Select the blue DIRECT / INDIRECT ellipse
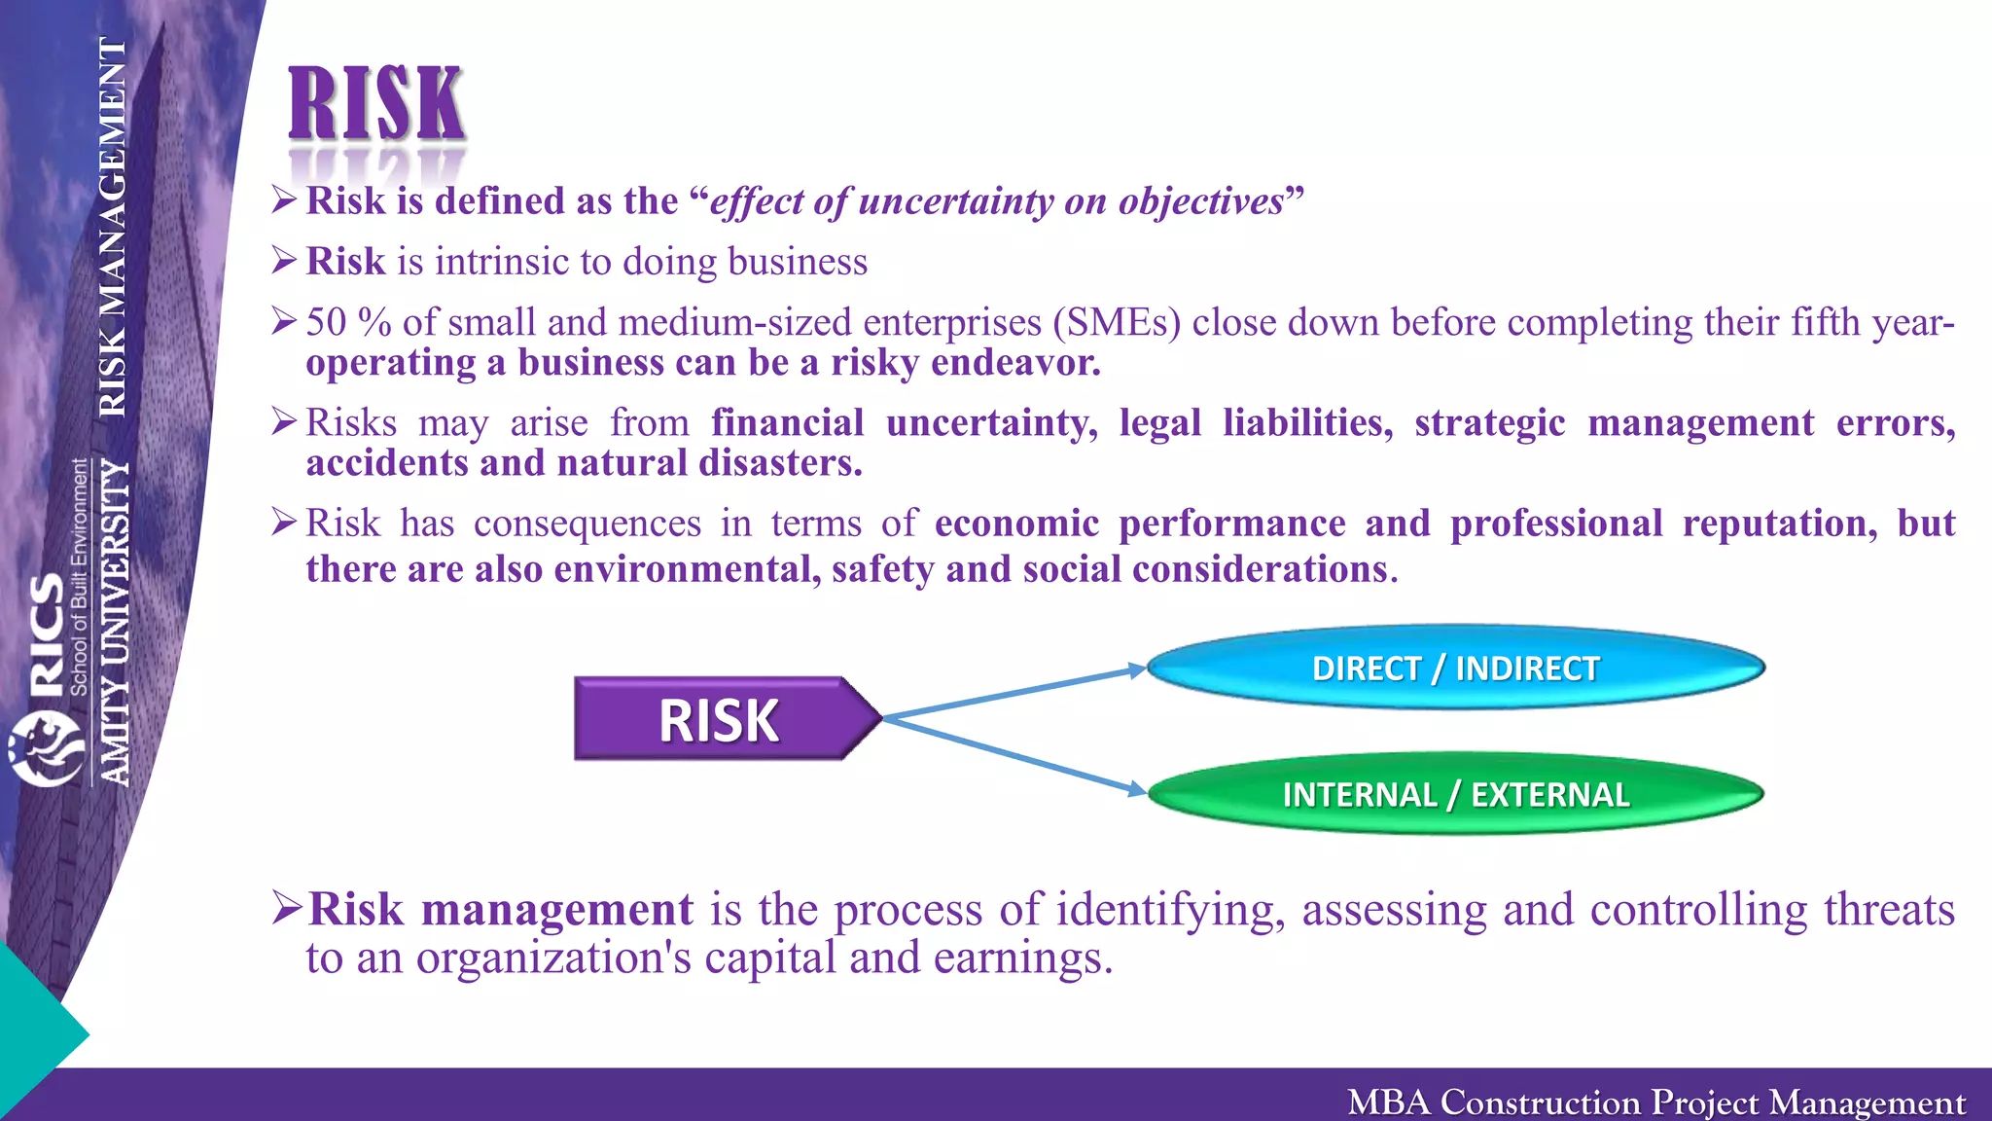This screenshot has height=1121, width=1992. coord(1455,669)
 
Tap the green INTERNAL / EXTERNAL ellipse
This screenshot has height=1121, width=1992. coord(1455,795)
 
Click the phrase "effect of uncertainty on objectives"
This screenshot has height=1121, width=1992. coord(997,201)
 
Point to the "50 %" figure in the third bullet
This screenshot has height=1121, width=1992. coord(347,322)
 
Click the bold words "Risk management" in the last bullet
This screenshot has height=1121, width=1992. coord(501,910)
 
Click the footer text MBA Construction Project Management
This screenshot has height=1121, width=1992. coord(1655,1103)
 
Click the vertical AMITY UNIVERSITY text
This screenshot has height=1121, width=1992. coord(116,623)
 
